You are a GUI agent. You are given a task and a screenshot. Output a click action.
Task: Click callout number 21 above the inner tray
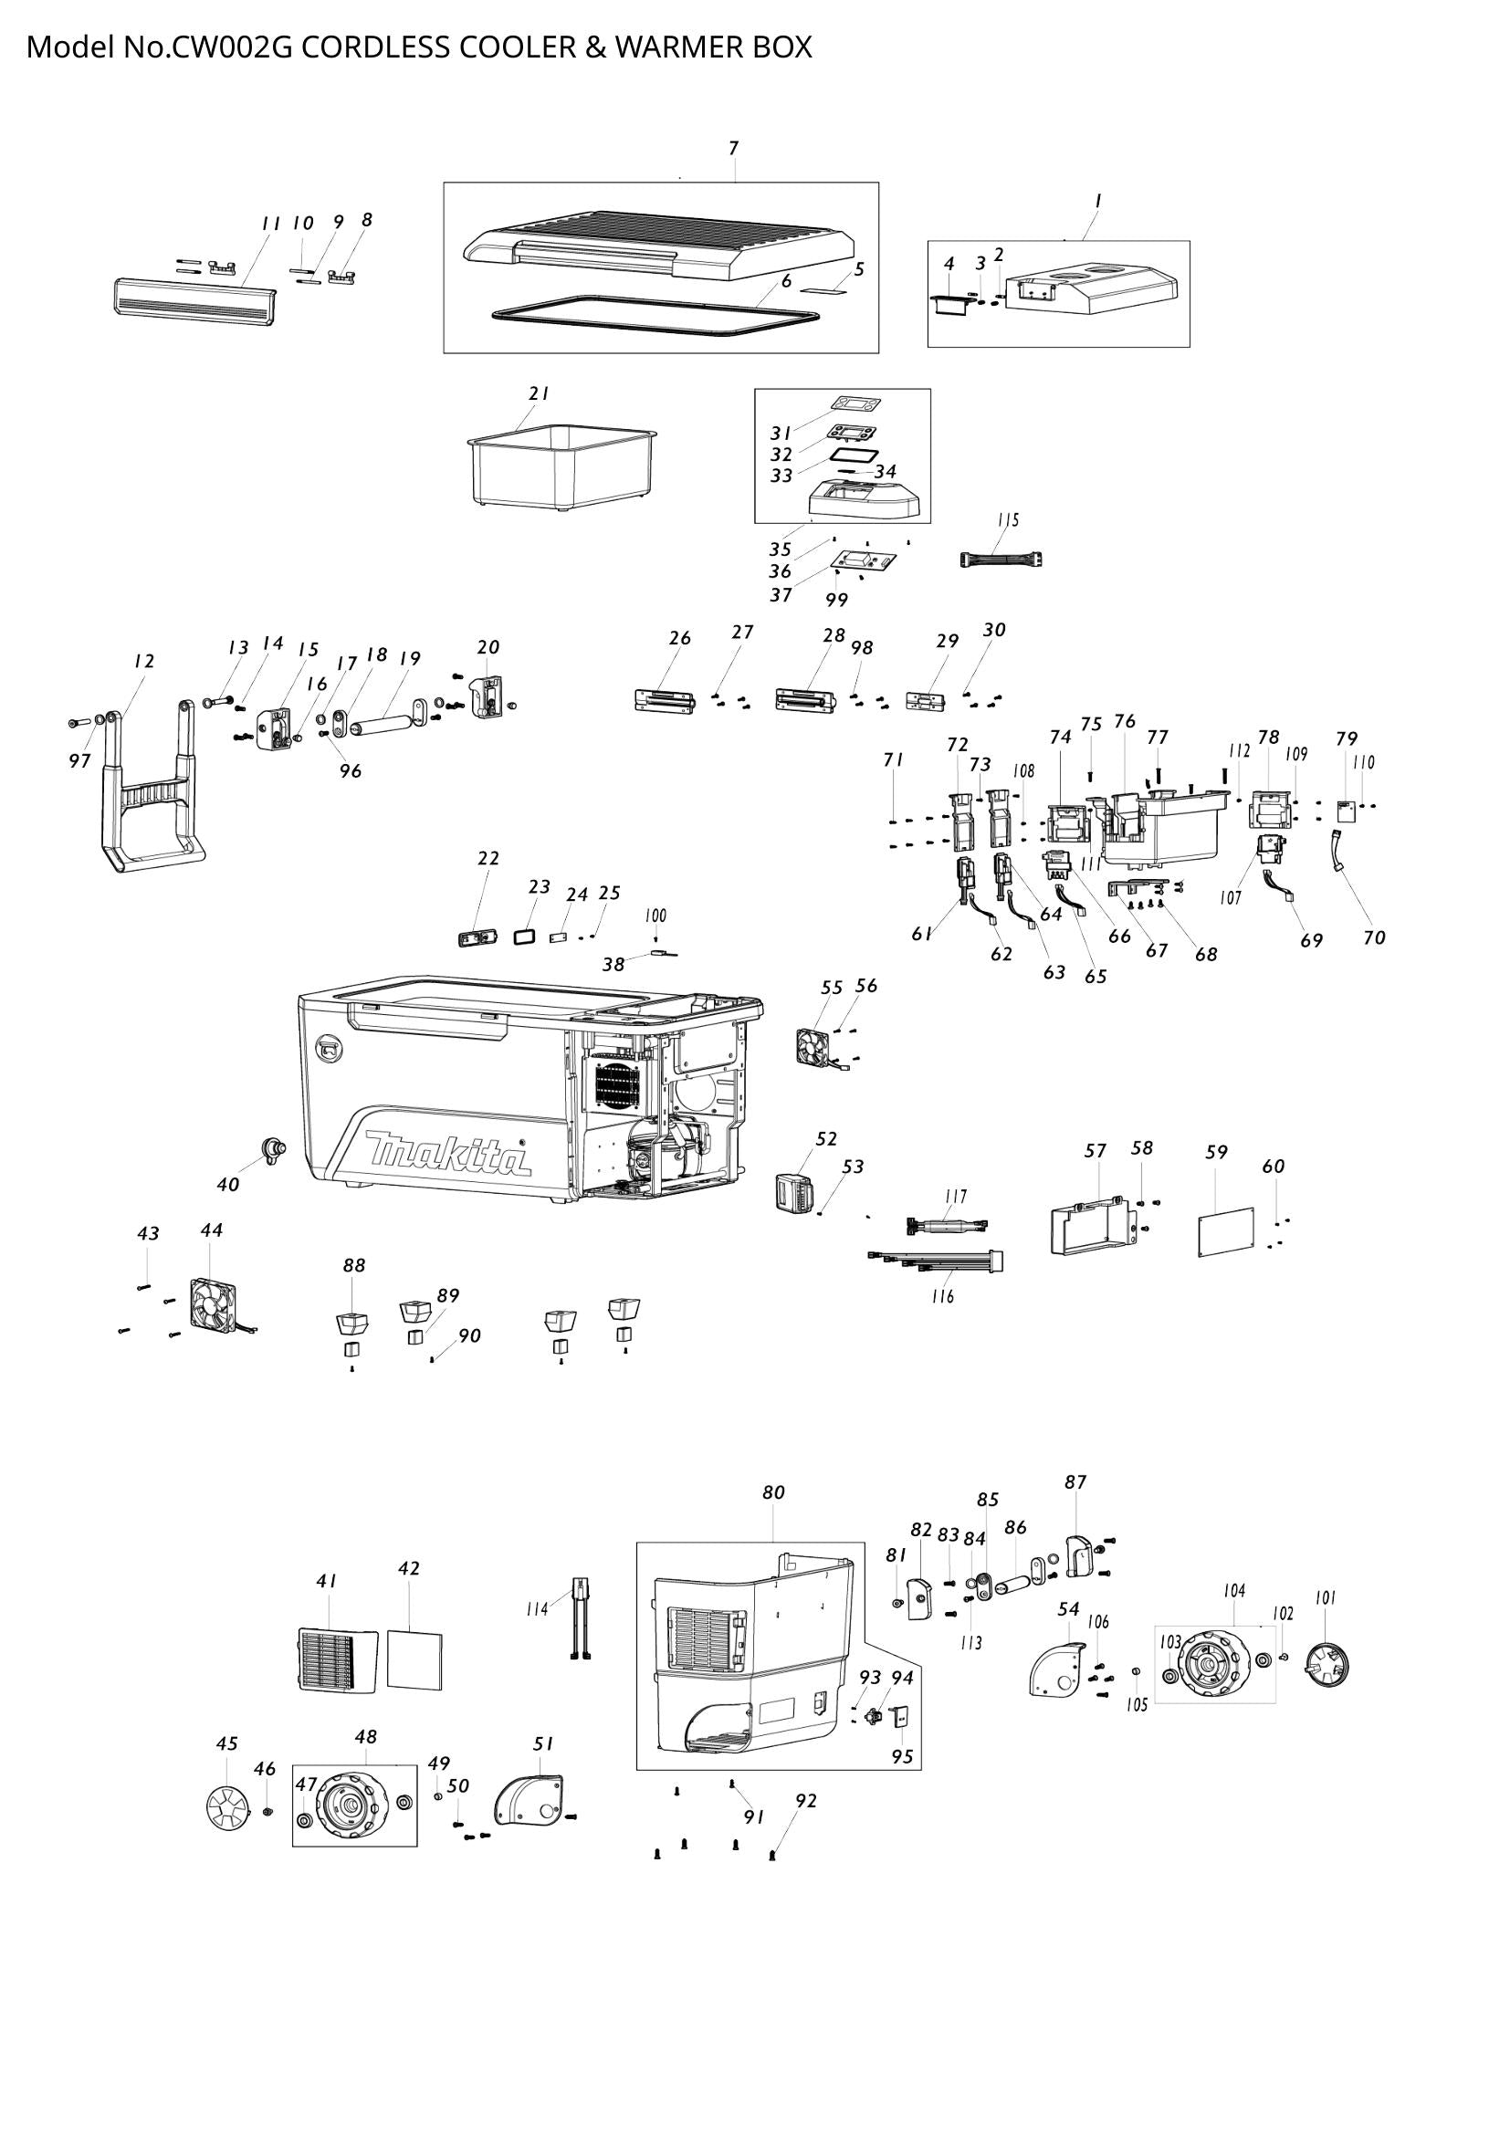540,393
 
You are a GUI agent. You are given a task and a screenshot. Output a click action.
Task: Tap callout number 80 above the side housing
772,1493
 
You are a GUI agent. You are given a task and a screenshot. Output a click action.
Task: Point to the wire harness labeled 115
1001,559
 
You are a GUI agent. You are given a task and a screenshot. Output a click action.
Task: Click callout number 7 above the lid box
734,148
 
